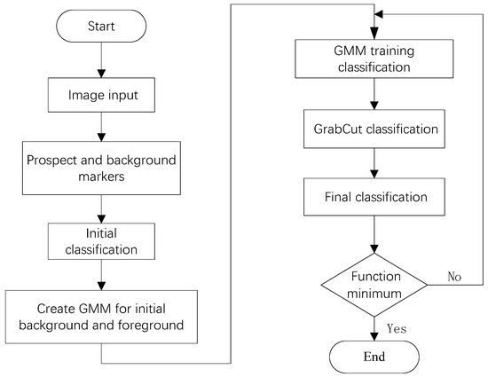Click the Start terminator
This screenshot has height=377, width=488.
[x=101, y=26]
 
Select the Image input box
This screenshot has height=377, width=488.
[x=101, y=95]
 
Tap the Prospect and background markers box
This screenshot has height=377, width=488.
[x=101, y=168]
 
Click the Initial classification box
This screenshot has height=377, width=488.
[x=101, y=241]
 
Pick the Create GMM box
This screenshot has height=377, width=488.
[x=101, y=317]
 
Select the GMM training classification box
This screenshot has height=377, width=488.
[x=374, y=59]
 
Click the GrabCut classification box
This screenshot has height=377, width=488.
[x=374, y=129]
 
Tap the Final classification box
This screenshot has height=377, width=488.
[x=374, y=197]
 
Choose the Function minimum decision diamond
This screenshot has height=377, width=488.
[x=374, y=285]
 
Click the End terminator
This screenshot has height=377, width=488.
[x=374, y=357]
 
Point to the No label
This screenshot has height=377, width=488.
[x=454, y=276]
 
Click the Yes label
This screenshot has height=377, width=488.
[x=397, y=328]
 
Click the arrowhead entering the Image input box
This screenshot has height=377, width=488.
[x=101, y=74]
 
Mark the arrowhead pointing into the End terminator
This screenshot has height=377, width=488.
[x=374, y=336]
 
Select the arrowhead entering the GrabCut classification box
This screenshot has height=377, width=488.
[x=374, y=106]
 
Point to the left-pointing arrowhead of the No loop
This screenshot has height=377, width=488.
[x=379, y=14]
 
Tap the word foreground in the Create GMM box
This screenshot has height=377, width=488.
[x=151, y=325]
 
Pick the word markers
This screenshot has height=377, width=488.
[x=101, y=177]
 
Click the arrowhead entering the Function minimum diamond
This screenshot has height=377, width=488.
[x=374, y=249]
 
